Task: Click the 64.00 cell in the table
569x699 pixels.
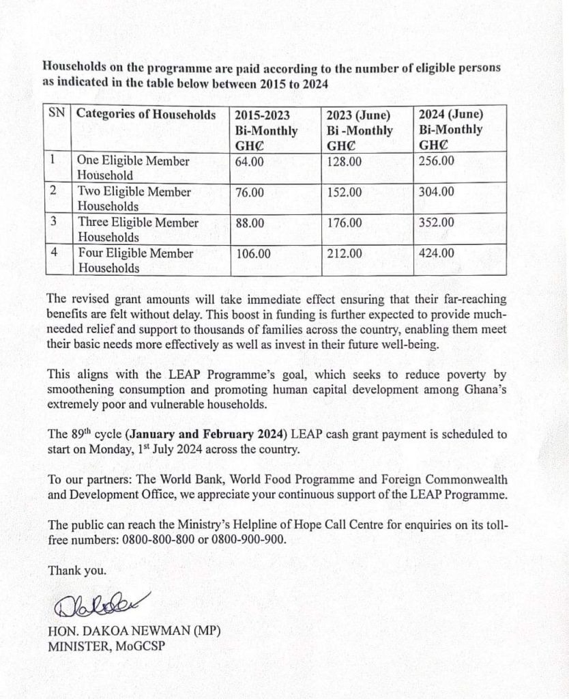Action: point(249,161)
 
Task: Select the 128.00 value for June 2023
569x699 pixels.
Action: point(345,161)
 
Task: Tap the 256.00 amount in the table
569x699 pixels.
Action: point(436,160)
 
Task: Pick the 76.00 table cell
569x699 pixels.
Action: point(249,192)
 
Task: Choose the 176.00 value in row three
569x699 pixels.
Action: point(345,223)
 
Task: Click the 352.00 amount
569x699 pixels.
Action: point(436,223)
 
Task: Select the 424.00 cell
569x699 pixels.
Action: point(436,253)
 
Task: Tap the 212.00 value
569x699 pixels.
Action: point(345,254)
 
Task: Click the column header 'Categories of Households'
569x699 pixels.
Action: point(146,114)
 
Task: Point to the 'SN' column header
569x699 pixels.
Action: point(57,113)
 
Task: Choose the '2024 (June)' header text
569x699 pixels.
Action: point(450,114)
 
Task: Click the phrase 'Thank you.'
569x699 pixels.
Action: point(77,570)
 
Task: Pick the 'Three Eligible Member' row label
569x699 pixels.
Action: point(138,223)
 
